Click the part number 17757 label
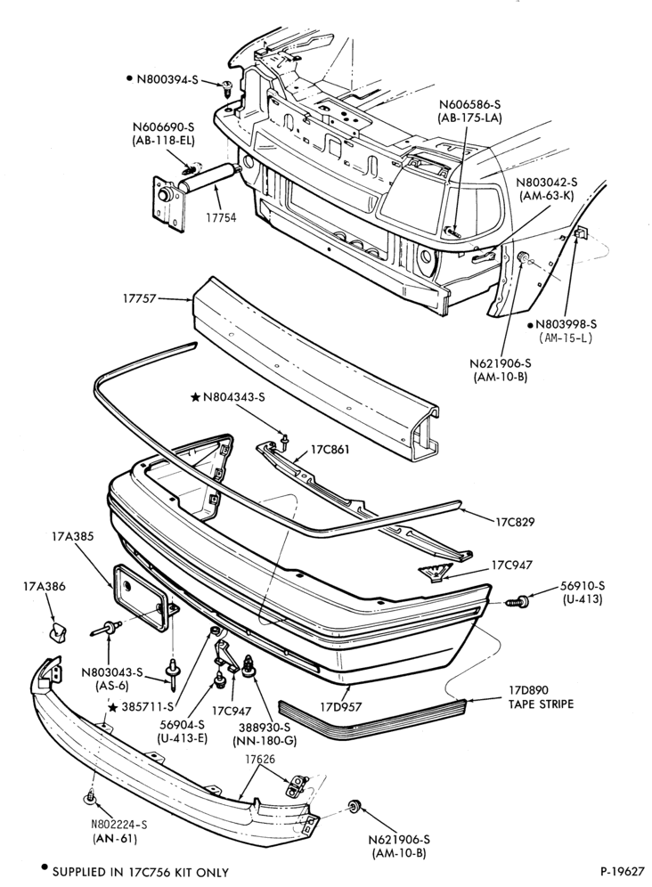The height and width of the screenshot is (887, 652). (x=139, y=297)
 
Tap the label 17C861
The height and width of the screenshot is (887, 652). (x=330, y=450)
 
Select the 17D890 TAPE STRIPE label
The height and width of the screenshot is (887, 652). (x=541, y=697)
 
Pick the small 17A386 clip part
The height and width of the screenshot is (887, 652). (x=57, y=631)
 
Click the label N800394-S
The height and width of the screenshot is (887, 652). (x=167, y=79)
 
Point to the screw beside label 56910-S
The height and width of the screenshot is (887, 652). (x=518, y=602)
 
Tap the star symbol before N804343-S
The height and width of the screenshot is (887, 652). (x=195, y=398)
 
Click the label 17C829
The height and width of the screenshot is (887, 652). (x=515, y=522)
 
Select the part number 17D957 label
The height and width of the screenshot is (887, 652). (x=340, y=706)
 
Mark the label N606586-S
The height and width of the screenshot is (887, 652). (x=469, y=104)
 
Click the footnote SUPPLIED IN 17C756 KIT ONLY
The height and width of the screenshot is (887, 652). (x=141, y=872)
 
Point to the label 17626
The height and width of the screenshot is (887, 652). (x=260, y=759)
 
